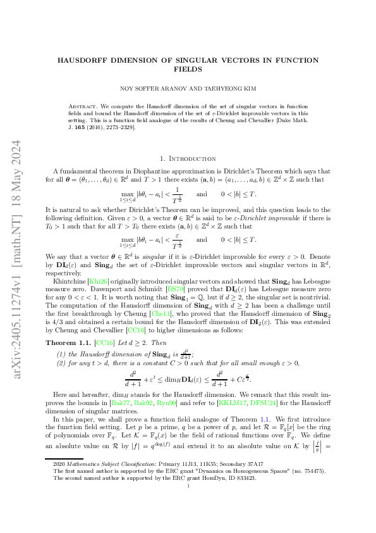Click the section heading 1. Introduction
click(188, 158)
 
